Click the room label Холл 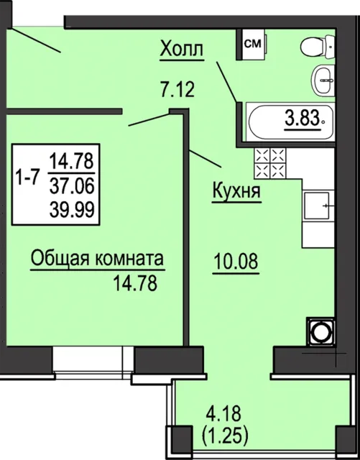pos(182,49)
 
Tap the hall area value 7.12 pos(177,89)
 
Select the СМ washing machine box pos(252,44)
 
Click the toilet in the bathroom pos(318,45)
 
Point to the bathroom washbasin pos(323,80)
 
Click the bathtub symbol pos(290,121)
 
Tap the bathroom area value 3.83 pos(302,119)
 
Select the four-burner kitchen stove pos(270,163)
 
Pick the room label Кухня pos(236,190)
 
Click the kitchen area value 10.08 pos(236,261)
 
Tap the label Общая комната pos(97,259)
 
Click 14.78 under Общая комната pos(135,283)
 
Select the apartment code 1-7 pos(27,178)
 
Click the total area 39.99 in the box pos(72,210)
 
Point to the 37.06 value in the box pos(72,186)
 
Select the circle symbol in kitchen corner pos(320,332)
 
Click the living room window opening pos(93,359)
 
